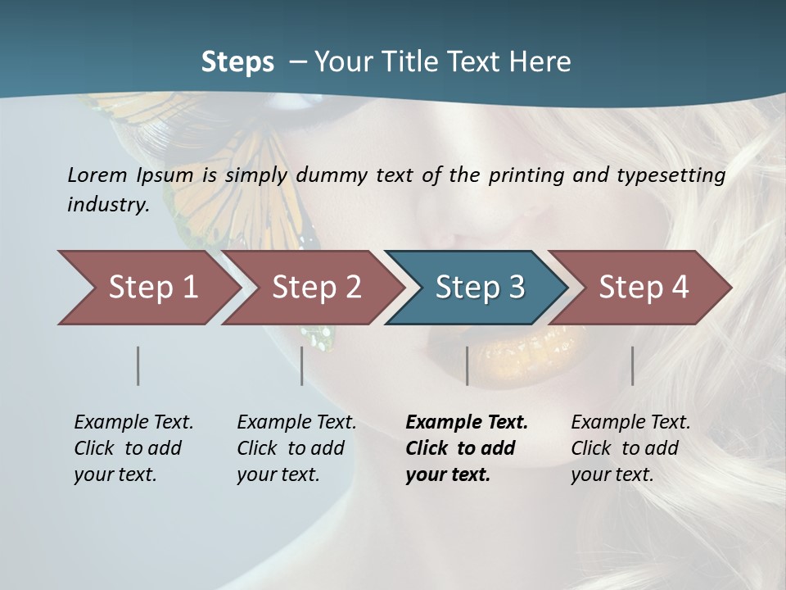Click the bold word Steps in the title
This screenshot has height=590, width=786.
[x=237, y=62]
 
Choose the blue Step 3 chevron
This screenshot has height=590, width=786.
[x=480, y=288]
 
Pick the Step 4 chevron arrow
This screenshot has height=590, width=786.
[x=644, y=288]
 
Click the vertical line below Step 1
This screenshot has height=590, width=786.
[x=138, y=365]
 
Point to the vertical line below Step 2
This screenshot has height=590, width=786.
[x=302, y=365]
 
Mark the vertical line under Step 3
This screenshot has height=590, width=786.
[x=467, y=365]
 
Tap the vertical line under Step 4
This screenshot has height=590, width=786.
[x=632, y=365]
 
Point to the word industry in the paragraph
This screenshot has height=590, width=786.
[x=108, y=205]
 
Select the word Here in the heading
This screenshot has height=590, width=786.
[x=540, y=62]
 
